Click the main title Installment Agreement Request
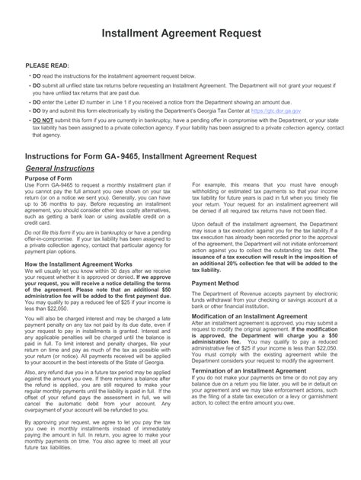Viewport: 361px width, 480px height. (x=180, y=34)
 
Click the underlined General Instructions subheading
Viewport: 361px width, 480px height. (x=60, y=168)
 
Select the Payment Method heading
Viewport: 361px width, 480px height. (x=216, y=281)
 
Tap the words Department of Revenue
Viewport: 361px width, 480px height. (x=234, y=292)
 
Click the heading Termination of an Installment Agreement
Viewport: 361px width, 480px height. (x=251, y=368)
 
